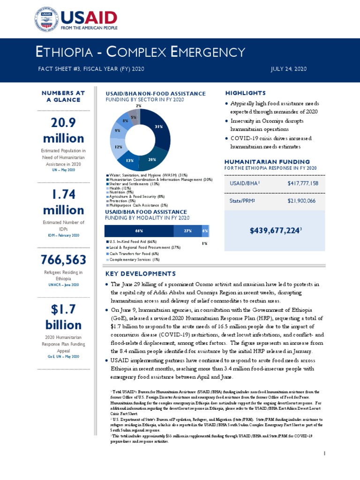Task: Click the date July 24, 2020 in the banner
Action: (289, 69)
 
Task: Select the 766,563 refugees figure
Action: (63, 260)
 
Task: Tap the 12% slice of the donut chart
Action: (118, 147)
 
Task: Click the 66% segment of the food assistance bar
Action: (139, 231)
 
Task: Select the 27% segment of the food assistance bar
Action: (187, 231)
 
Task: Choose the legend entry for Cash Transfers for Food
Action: (131, 253)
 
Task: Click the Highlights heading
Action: (245, 93)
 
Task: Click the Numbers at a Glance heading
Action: (63, 97)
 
